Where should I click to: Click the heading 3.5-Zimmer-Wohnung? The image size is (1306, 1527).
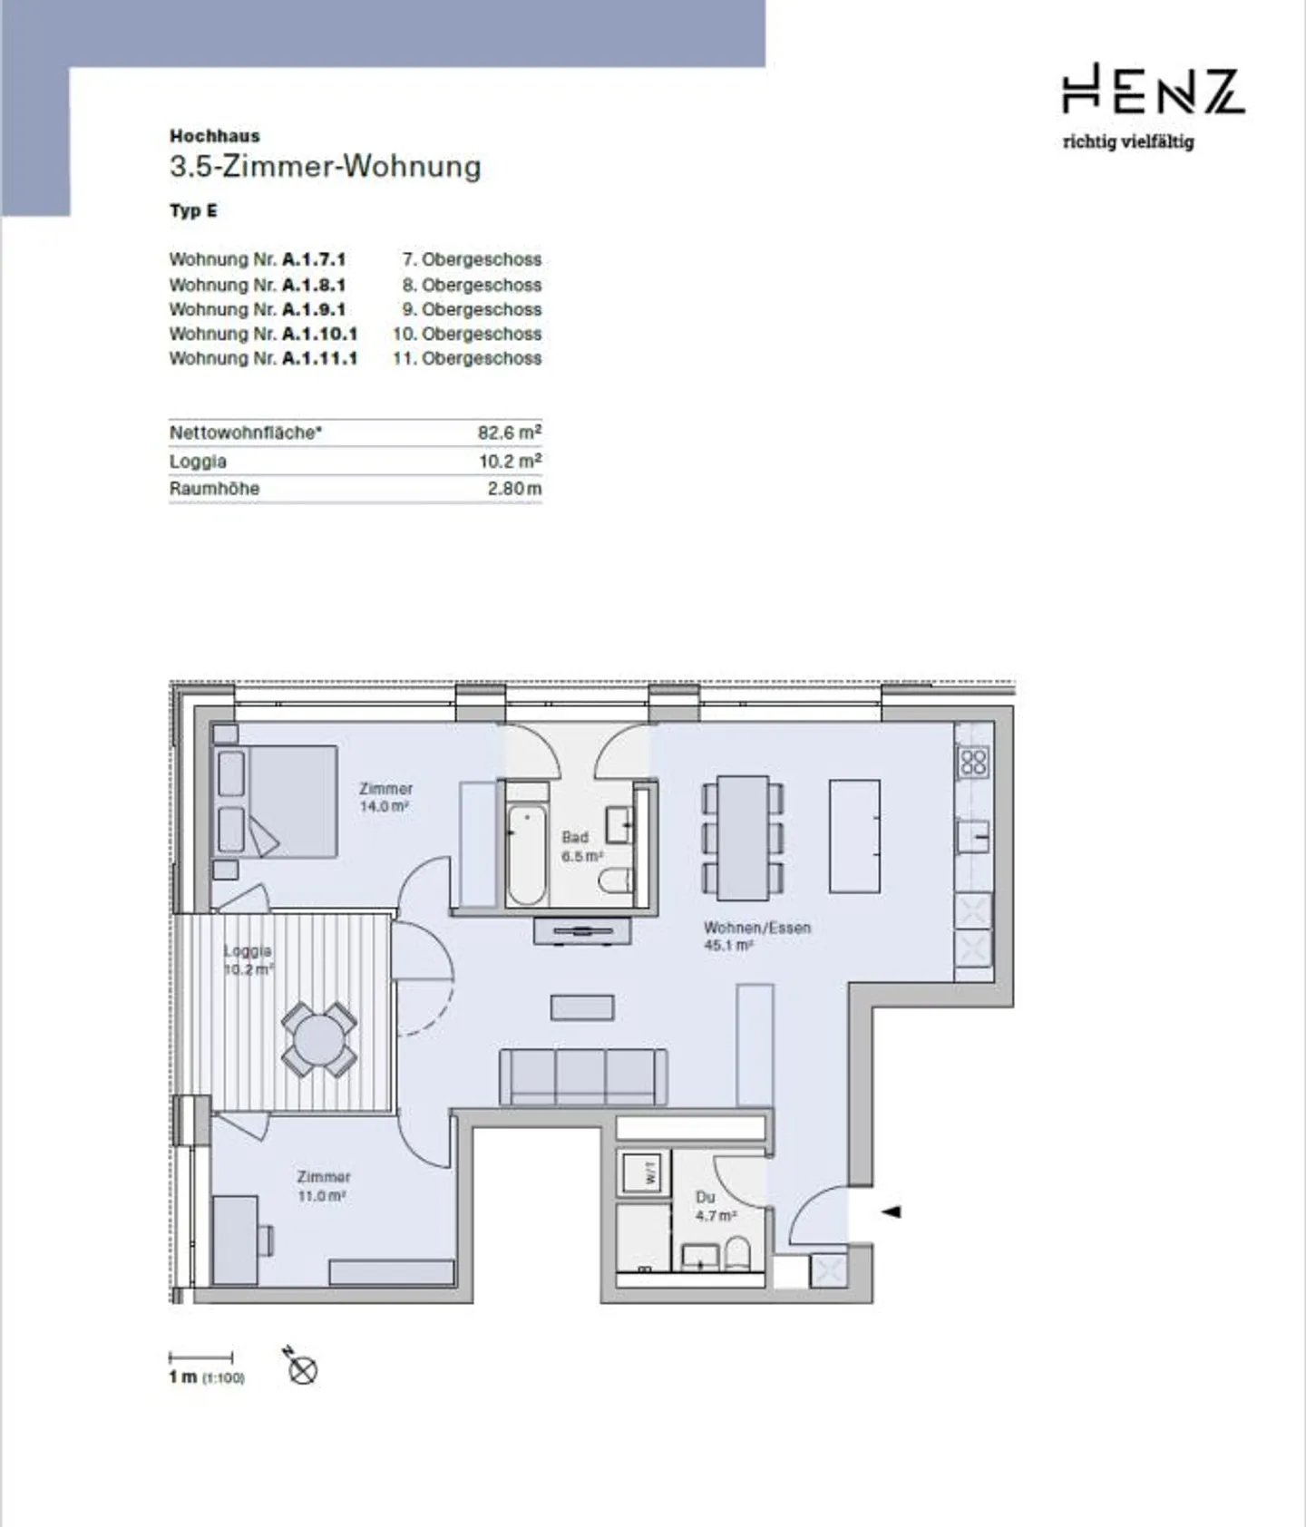[325, 167]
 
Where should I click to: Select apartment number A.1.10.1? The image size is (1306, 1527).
[320, 334]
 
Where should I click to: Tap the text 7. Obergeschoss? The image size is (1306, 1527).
[472, 259]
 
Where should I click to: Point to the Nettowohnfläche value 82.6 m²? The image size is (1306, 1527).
[510, 433]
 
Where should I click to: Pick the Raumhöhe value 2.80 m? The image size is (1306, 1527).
[514, 489]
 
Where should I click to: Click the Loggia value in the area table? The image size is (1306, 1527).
[511, 461]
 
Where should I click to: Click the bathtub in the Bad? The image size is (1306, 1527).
[527, 853]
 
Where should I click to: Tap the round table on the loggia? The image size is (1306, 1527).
[318, 1039]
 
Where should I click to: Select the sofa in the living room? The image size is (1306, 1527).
[583, 1076]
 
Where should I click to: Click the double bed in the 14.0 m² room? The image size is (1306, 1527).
[275, 802]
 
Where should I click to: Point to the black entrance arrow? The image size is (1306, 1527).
[892, 1211]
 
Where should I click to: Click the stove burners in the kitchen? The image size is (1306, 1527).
[974, 762]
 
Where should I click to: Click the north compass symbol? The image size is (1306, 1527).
[302, 1367]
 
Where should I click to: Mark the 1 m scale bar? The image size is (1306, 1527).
[201, 1357]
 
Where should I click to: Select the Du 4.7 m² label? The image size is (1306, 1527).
[716, 1206]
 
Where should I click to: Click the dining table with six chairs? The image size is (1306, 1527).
[743, 837]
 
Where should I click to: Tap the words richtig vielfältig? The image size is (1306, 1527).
[1128, 141]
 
